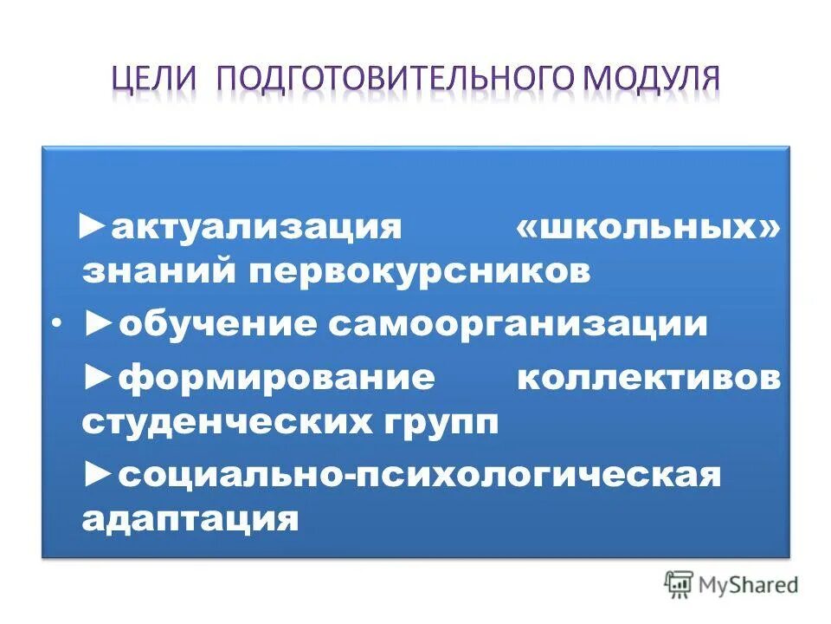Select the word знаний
158,272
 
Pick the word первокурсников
421,272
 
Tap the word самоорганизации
517,324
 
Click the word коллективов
648,380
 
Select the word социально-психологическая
420,476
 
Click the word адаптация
191,519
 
